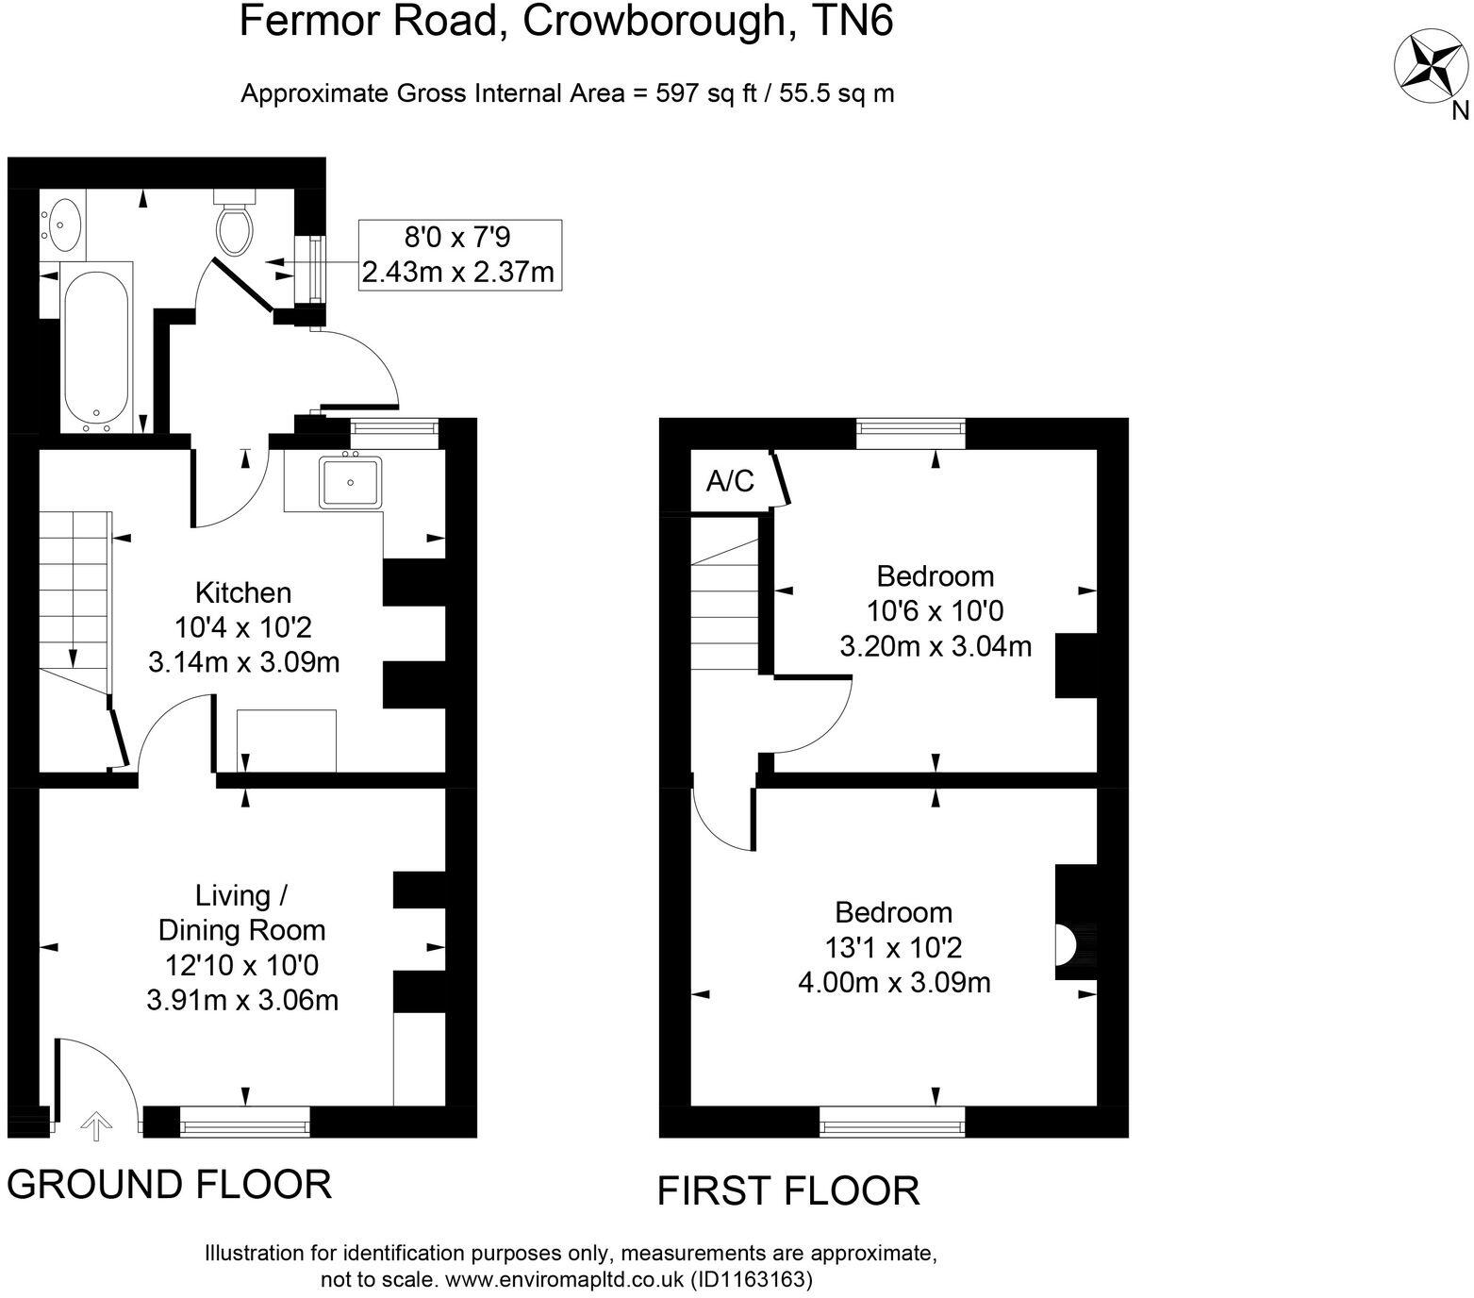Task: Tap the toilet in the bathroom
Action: (234, 225)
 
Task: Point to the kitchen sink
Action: (350, 482)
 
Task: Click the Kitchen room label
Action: (243, 592)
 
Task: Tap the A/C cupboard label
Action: (731, 481)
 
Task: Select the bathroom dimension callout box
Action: (459, 255)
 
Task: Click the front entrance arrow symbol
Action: (95, 1126)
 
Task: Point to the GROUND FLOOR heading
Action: (170, 1184)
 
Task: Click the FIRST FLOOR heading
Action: (787, 1190)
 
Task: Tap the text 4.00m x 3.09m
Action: (894, 983)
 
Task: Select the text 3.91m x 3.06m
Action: (242, 999)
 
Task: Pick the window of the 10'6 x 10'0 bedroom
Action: (911, 433)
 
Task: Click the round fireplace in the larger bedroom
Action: (1065, 944)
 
